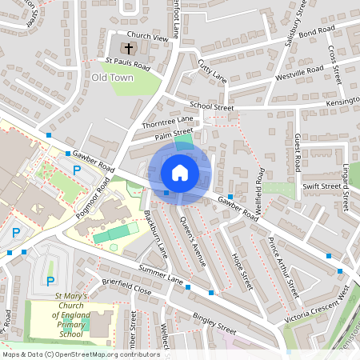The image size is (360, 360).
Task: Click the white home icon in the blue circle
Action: (180, 172)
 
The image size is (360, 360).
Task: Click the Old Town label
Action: (111, 78)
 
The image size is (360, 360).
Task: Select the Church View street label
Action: (149, 38)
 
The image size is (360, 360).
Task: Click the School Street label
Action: (211, 106)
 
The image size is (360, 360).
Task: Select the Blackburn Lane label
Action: (155, 233)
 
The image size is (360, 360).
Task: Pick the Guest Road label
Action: (297, 152)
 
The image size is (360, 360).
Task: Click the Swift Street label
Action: (322, 186)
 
